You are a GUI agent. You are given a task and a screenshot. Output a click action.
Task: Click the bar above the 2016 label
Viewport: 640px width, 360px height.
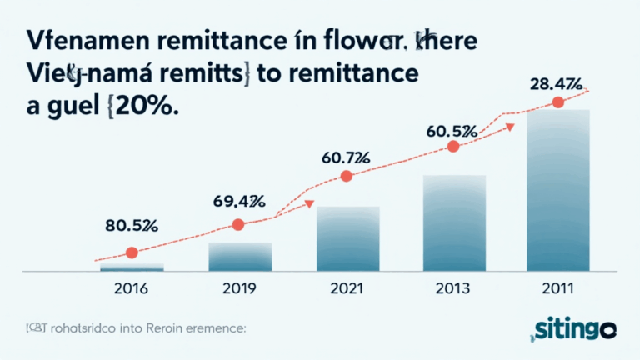coord(132,267)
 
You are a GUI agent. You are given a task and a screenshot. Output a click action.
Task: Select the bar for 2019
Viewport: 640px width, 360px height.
coord(240,256)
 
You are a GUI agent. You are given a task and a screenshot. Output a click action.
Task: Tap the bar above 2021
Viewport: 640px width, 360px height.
coord(348,238)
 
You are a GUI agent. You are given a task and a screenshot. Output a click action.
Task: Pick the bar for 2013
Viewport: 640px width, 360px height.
coord(455,222)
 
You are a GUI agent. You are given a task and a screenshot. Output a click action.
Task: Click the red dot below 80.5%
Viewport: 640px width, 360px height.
coord(131,252)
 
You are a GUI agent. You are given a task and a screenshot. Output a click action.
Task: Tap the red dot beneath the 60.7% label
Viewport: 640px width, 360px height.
coord(347,176)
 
